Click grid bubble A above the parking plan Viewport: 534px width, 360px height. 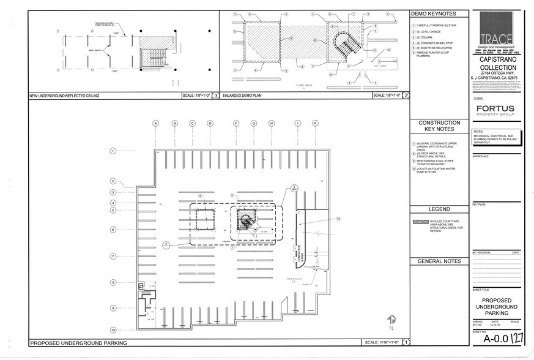coord(156,123)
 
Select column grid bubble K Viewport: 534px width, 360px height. coord(315,123)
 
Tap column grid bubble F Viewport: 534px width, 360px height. coord(235,123)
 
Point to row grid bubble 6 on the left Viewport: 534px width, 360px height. coord(113,230)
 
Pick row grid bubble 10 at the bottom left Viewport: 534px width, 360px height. coord(113,323)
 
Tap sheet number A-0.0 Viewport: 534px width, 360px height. coord(495,338)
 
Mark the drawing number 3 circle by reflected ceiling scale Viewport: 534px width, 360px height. coord(215,96)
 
